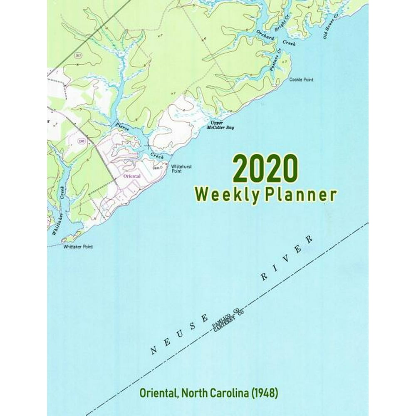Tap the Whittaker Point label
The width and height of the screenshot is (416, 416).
[x=78, y=247]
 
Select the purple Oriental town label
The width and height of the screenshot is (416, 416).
[x=133, y=176]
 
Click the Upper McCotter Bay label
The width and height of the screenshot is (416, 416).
[x=220, y=126]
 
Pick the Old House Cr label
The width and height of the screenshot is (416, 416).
[x=332, y=29]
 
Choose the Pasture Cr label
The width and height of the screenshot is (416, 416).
[x=275, y=59]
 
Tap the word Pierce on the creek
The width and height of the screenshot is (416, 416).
[x=123, y=126]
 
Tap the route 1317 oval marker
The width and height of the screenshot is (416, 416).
[x=78, y=55]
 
